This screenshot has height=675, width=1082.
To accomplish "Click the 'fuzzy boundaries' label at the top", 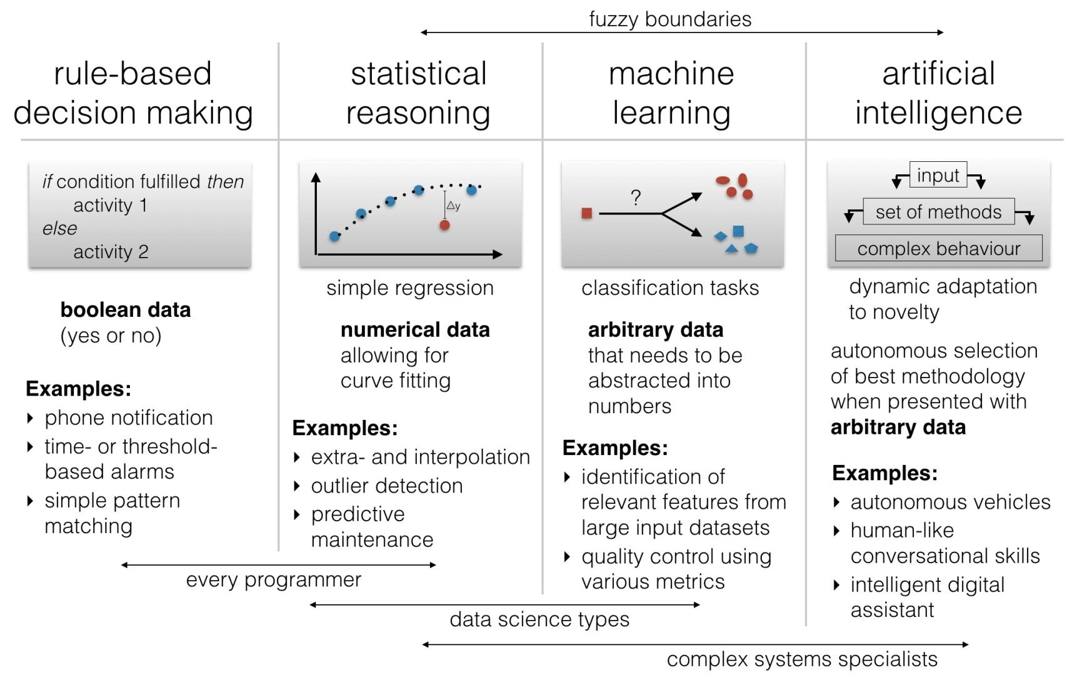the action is (x=670, y=19).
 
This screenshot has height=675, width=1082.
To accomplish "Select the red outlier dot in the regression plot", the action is (x=444, y=224).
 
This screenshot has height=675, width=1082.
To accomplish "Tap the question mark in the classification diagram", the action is (x=636, y=197).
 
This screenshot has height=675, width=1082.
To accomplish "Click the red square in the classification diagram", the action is (x=586, y=213).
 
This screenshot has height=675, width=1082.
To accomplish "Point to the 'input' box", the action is (x=938, y=175).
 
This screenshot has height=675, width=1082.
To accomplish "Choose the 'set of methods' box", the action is (x=938, y=212).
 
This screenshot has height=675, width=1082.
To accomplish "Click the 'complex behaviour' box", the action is (x=938, y=248).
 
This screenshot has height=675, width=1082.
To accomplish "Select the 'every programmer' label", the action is (x=274, y=580).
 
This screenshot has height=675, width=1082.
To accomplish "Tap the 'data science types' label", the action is (x=539, y=619).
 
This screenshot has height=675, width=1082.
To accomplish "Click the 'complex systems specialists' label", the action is (x=802, y=659).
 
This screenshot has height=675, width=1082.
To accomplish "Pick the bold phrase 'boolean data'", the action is (x=126, y=309).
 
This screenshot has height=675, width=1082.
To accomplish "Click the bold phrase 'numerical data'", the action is (x=415, y=329).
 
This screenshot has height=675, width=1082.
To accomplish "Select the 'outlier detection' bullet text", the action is (x=387, y=486).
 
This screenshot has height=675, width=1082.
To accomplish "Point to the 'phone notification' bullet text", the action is (x=129, y=417).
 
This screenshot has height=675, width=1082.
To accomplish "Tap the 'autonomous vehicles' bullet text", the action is (x=950, y=502).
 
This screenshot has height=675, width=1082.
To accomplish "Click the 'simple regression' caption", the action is (x=410, y=288).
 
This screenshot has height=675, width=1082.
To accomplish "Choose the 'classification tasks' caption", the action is (x=670, y=287).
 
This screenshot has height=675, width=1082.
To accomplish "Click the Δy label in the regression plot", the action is (x=453, y=206).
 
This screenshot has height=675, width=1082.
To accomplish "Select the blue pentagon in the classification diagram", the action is (x=751, y=248).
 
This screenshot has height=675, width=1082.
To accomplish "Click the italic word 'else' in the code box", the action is (x=60, y=228).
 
